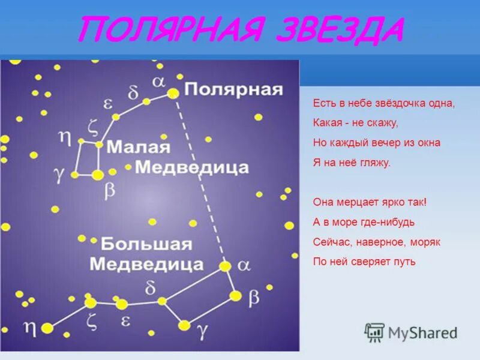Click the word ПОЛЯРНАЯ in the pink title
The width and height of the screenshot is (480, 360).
click(158, 30)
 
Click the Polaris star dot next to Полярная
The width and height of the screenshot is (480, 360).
click(173, 93)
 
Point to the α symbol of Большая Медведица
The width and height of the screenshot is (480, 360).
click(244, 265)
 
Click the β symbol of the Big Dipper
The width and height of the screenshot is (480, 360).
click(254, 295)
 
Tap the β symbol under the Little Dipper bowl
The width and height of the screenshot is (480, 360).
click(110, 190)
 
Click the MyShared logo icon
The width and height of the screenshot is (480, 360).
click(374, 332)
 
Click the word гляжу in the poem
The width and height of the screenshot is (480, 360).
click(377, 163)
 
